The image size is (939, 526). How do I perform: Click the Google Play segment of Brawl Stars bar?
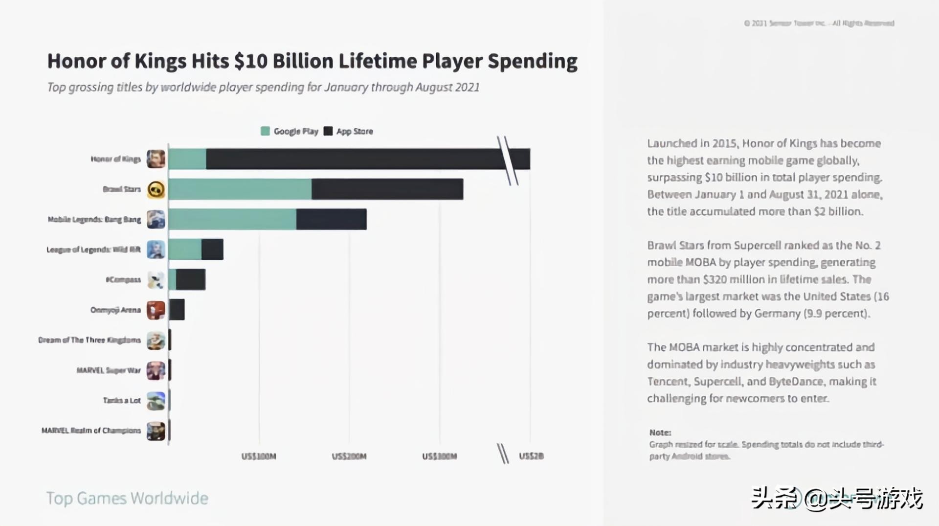point(240,189)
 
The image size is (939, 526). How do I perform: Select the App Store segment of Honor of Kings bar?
point(352,159)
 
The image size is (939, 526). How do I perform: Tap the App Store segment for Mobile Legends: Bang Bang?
point(331,219)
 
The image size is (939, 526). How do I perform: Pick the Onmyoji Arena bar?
point(177,310)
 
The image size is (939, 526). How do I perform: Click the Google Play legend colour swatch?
point(265,131)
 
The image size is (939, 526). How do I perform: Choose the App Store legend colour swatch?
point(328,131)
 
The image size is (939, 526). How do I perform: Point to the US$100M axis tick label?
point(259,457)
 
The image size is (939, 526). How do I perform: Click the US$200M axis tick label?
point(349,457)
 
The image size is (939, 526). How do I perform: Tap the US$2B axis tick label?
point(531,456)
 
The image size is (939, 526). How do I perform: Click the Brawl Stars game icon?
point(156,189)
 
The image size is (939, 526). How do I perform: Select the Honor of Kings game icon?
point(156,159)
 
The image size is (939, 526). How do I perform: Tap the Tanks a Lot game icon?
point(156,401)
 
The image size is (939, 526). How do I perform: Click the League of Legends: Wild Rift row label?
point(93,250)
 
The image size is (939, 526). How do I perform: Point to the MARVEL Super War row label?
point(109,370)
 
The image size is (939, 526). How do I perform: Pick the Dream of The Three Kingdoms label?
point(89,340)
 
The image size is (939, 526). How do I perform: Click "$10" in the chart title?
point(251,61)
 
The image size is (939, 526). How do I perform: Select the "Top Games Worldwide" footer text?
point(127,498)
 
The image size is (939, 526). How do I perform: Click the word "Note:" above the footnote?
point(660,433)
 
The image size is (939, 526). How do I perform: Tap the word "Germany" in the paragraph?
point(777,314)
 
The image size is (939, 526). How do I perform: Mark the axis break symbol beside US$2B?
point(503,454)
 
